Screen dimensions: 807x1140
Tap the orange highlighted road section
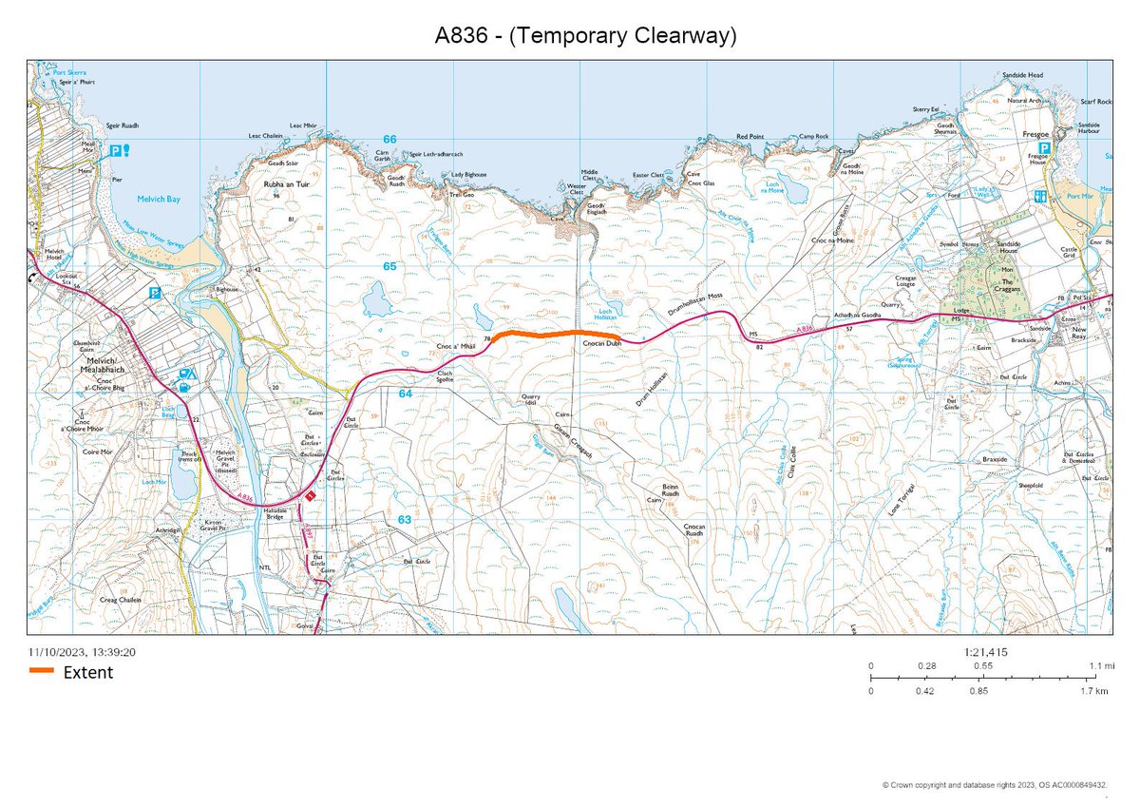point(542,334)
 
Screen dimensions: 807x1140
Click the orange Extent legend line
point(42,672)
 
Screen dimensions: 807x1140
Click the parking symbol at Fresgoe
point(1043,148)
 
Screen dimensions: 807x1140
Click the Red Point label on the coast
point(750,137)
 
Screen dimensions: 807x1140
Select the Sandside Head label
point(1022,75)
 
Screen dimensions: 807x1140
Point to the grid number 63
point(405,520)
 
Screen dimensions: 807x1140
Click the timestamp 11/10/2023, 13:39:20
point(83,652)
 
